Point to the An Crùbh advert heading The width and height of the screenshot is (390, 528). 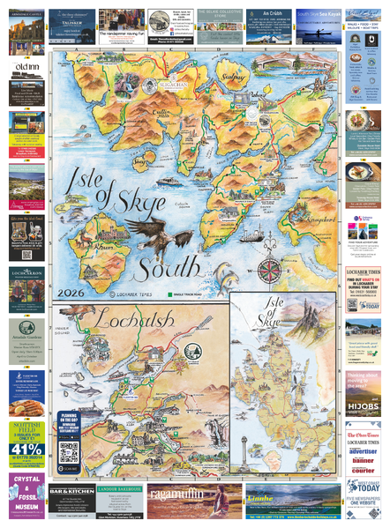pyautogui.click(x=268, y=14)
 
